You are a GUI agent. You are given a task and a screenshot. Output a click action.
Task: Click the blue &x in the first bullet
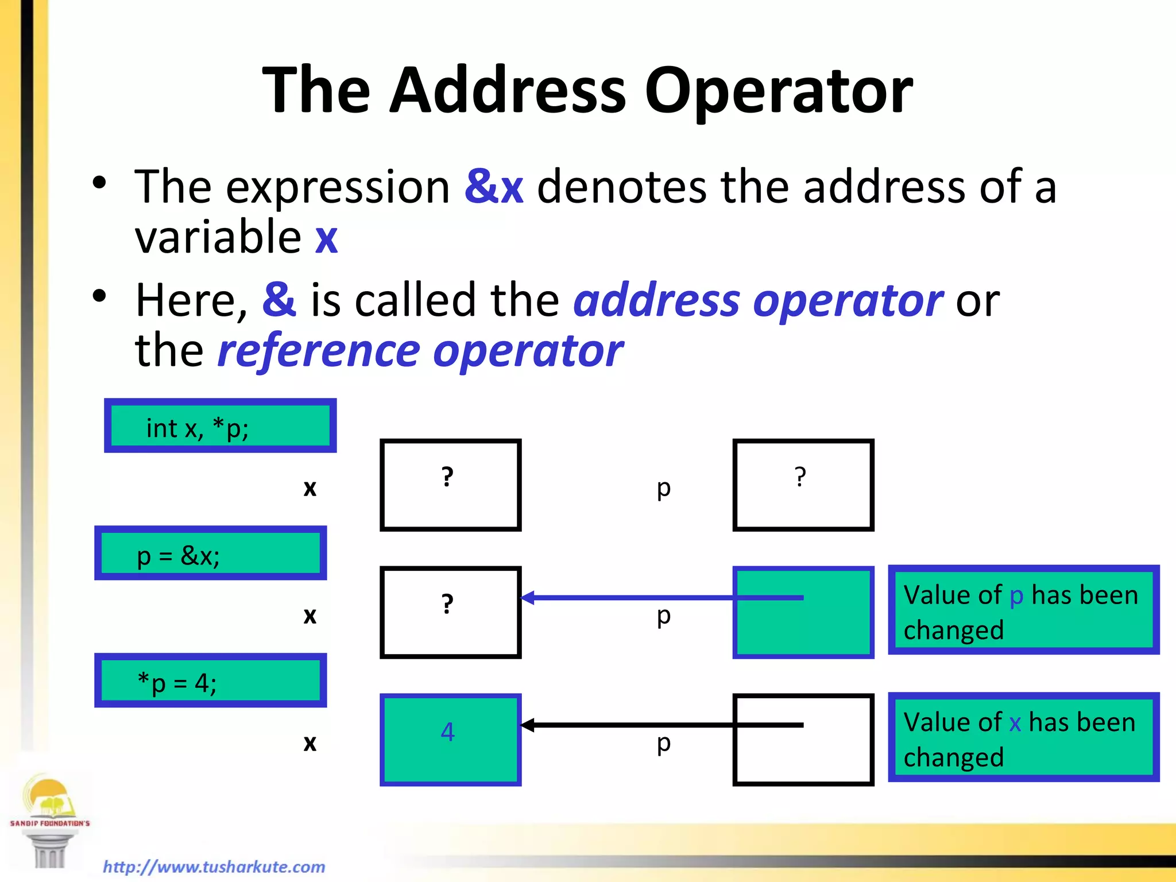(494, 187)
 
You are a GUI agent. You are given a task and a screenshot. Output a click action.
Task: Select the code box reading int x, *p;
(220, 426)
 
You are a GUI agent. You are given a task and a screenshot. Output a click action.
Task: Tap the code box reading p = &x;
(211, 554)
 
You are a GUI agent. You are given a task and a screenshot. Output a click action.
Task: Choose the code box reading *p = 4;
(211, 681)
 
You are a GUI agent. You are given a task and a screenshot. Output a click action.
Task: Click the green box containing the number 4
(450, 740)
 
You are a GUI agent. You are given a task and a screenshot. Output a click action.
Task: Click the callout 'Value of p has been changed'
(1023, 610)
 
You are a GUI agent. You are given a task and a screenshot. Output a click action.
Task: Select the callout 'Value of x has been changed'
(1023, 738)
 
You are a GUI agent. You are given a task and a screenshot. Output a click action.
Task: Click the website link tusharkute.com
(214, 866)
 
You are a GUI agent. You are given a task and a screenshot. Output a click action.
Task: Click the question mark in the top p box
(800, 477)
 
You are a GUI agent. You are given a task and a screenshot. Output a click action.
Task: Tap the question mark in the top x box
(447, 477)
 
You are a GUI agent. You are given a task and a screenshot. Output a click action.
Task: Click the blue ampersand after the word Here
(279, 300)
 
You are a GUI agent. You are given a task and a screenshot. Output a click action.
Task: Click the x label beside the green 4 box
(310, 742)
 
